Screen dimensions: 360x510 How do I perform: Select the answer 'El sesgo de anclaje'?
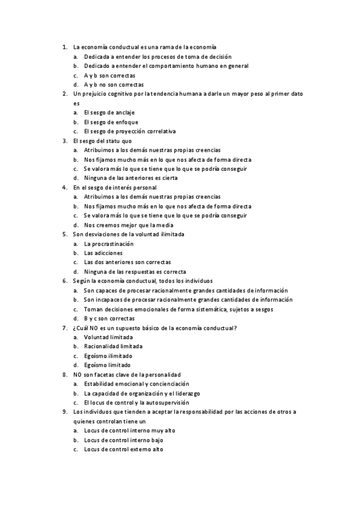pyautogui.click(x=109, y=112)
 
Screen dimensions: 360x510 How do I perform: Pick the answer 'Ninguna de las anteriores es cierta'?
pyautogui.click(x=127, y=178)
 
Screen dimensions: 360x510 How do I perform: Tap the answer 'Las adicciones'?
pyautogui.click(x=103, y=253)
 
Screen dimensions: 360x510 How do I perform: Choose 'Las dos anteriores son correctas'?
pyautogui.click(x=127, y=262)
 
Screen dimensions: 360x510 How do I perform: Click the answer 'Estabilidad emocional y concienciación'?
pyautogui.click(x=136, y=384)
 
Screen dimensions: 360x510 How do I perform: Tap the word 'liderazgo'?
pyautogui.click(x=186, y=393)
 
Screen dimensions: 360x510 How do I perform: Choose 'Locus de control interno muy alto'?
pyautogui.click(x=130, y=431)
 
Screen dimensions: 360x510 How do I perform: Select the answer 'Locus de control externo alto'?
pyautogui.click(x=124, y=449)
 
